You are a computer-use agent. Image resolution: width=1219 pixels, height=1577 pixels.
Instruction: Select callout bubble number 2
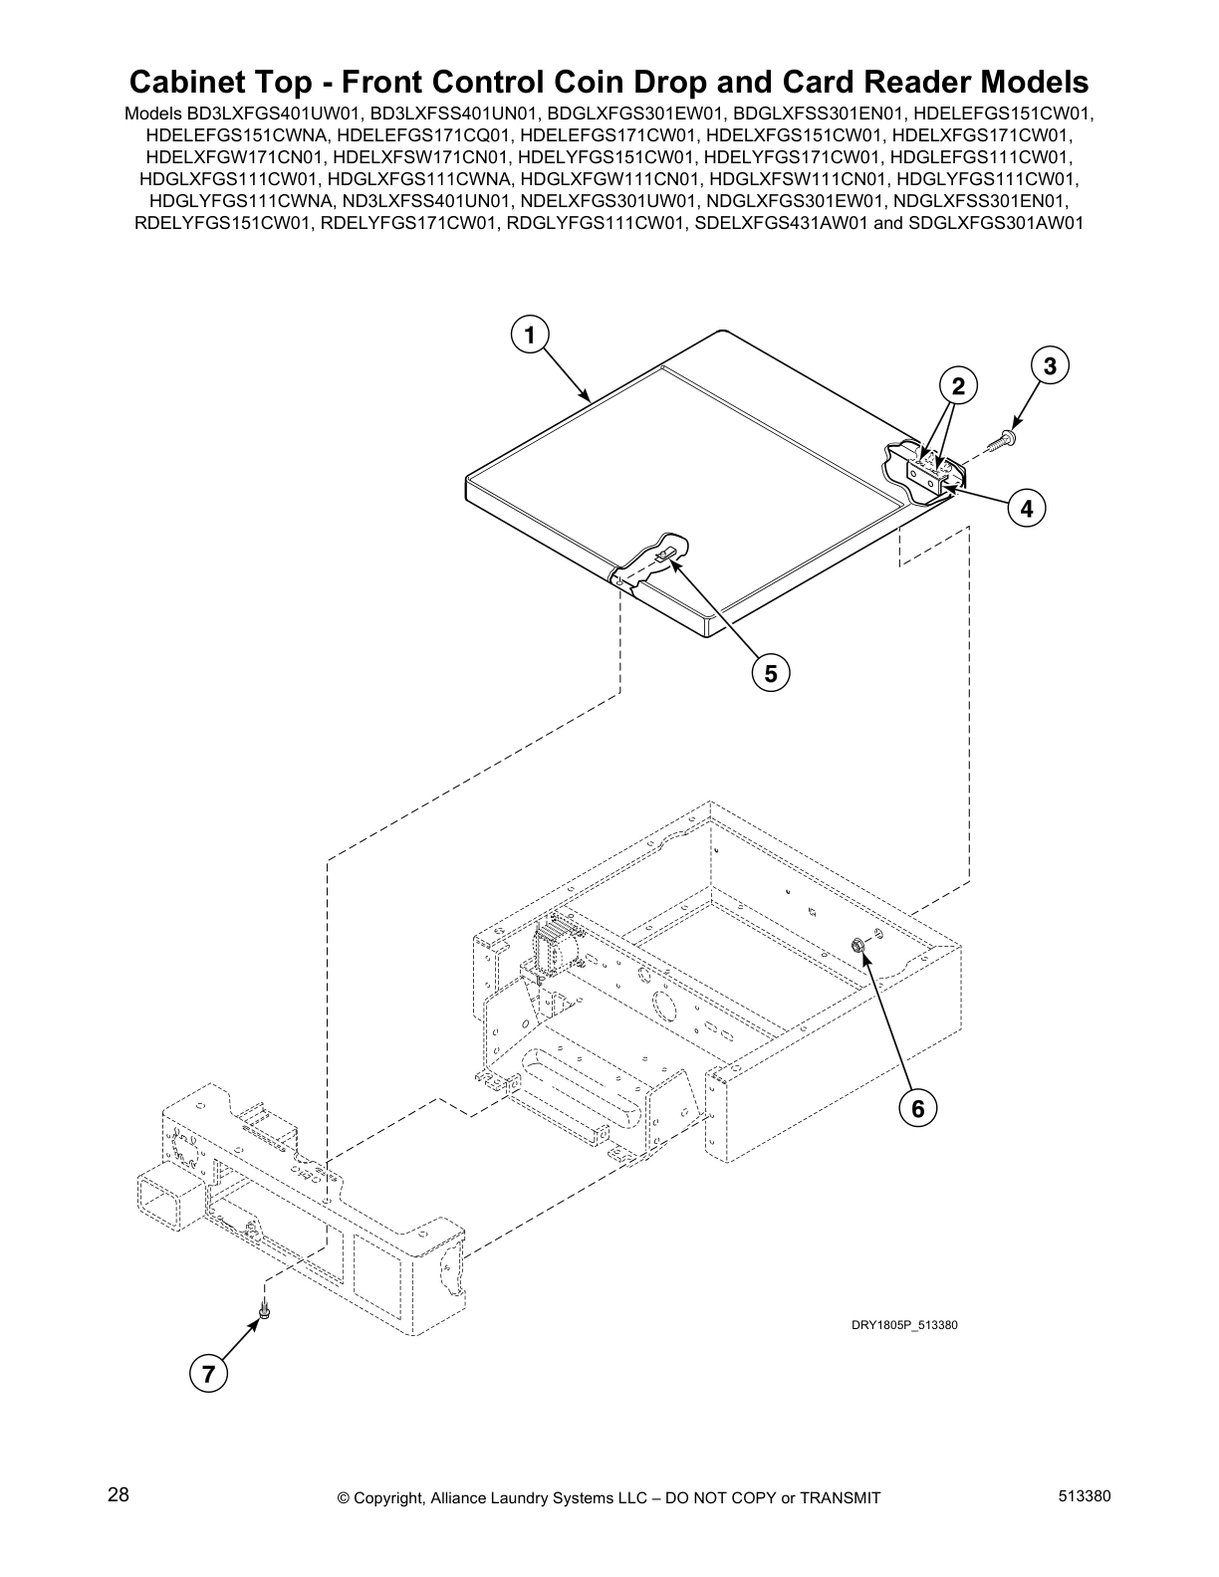[x=957, y=386]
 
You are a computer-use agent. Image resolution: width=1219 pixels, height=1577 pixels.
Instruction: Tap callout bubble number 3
[x=1050, y=365]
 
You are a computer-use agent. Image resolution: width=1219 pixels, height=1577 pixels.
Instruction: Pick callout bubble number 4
[x=1026, y=508]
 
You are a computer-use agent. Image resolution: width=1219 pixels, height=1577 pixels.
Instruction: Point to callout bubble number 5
[x=770, y=673]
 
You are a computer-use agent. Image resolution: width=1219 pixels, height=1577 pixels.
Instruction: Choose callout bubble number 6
[x=916, y=1107]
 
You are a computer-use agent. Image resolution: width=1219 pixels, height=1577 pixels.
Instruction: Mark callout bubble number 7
[x=207, y=1375]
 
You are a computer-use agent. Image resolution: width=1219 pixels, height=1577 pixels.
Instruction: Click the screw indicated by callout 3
[x=1004, y=439]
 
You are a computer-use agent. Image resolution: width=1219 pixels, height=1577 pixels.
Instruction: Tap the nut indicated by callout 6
[x=856, y=942]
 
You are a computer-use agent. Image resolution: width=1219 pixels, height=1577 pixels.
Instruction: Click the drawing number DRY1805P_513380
[x=903, y=1325]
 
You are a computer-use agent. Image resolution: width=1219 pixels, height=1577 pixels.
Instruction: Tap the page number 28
[x=118, y=1495]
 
